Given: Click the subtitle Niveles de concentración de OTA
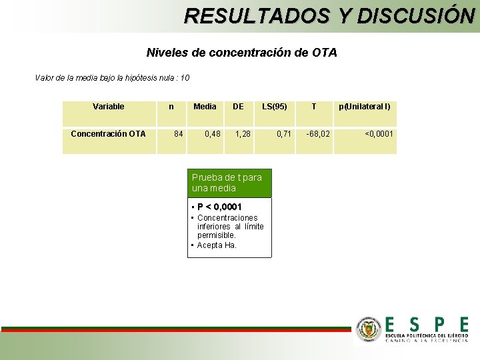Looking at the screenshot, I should pyautogui.click(x=241, y=52).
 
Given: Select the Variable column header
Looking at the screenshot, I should pyautogui.click(x=108, y=107).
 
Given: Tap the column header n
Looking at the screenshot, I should pyautogui.click(x=171, y=107).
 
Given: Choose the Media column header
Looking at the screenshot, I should pyautogui.click(x=205, y=107).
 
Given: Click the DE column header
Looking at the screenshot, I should pyautogui.click(x=238, y=107).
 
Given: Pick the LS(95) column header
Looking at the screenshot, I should pyautogui.click(x=275, y=107).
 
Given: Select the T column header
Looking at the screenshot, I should pyautogui.click(x=314, y=107).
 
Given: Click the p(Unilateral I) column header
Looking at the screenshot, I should pyautogui.click(x=365, y=107).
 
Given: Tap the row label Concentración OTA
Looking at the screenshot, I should pyautogui.click(x=108, y=134).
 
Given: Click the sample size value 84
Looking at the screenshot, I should pyautogui.click(x=178, y=134).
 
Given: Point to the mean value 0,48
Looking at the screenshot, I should pyautogui.click(x=212, y=134).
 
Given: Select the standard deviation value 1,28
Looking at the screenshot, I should pyautogui.click(x=243, y=134).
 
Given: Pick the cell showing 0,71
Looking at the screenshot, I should pyautogui.click(x=284, y=134).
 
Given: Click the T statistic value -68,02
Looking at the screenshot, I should pyautogui.click(x=317, y=134).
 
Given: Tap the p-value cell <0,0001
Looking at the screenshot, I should pyautogui.click(x=379, y=134).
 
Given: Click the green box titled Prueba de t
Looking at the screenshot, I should pyautogui.click(x=229, y=183).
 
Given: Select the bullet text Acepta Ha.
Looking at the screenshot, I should pyautogui.click(x=217, y=245).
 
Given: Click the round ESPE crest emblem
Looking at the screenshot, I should pyautogui.click(x=369, y=329).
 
